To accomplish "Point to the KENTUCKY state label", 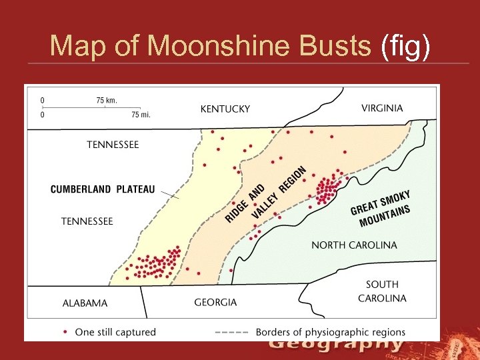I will click(x=225, y=109).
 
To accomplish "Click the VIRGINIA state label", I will click(x=382, y=108).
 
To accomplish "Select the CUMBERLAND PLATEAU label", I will click(x=103, y=189).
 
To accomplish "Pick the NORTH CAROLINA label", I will click(x=354, y=245).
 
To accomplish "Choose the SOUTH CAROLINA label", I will click(x=382, y=291).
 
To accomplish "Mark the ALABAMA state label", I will click(x=85, y=303).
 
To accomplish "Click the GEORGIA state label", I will click(x=215, y=303).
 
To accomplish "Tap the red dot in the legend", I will click(x=65, y=331).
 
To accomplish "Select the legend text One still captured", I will click(x=115, y=331).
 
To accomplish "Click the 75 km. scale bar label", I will click(x=107, y=101).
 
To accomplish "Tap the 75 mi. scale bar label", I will click(x=141, y=115).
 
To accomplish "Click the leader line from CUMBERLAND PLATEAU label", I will click(x=170, y=194).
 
